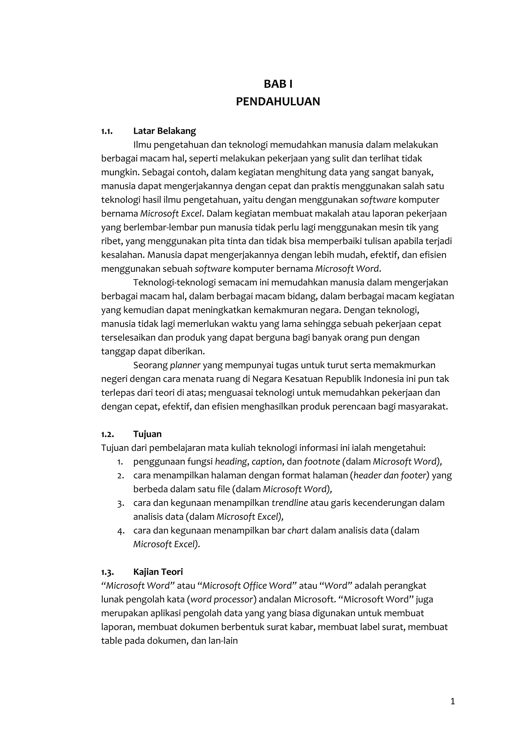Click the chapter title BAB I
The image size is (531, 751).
pyautogui.click(x=278, y=84)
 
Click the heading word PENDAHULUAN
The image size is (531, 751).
pyautogui.click(x=278, y=102)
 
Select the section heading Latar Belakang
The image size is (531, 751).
pyautogui.click(x=164, y=131)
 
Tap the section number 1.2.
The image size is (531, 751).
pyautogui.click(x=107, y=434)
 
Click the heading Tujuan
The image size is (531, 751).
pyautogui.click(x=148, y=434)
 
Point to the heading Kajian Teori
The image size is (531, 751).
pyautogui.click(x=158, y=572)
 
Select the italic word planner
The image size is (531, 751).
pyautogui.click(x=185, y=365)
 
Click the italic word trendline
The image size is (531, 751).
pyautogui.click(x=290, y=503)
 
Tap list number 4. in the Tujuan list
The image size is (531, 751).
pyautogui.click(x=121, y=531)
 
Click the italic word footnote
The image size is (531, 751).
pyautogui.click(x=322, y=462)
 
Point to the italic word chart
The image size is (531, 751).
pyautogui.click(x=298, y=530)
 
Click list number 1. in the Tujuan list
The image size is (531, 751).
pyautogui.click(x=120, y=462)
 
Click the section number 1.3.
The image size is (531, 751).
pyautogui.click(x=107, y=572)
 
